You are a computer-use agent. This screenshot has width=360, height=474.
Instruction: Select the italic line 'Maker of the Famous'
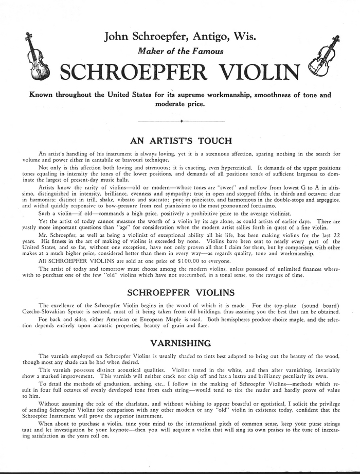179,51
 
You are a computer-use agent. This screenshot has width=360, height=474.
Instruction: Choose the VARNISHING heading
180,343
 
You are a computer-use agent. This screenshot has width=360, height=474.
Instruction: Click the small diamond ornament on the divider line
181,121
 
